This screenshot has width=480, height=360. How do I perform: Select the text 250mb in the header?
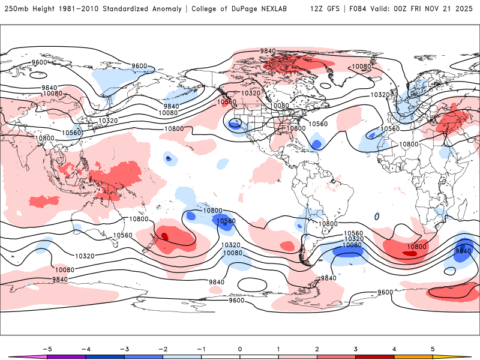coord(13,9)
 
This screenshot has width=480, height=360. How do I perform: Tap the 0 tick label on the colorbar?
coord(240,349)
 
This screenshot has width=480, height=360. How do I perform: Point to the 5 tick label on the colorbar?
coord(433,349)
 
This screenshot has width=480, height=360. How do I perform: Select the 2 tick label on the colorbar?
coord(317,349)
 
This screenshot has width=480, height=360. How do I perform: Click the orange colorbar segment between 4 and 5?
coord(413,357)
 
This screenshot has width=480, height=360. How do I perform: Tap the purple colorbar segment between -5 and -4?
coord(67,357)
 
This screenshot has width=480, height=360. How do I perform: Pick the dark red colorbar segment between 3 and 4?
coord(375,357)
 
